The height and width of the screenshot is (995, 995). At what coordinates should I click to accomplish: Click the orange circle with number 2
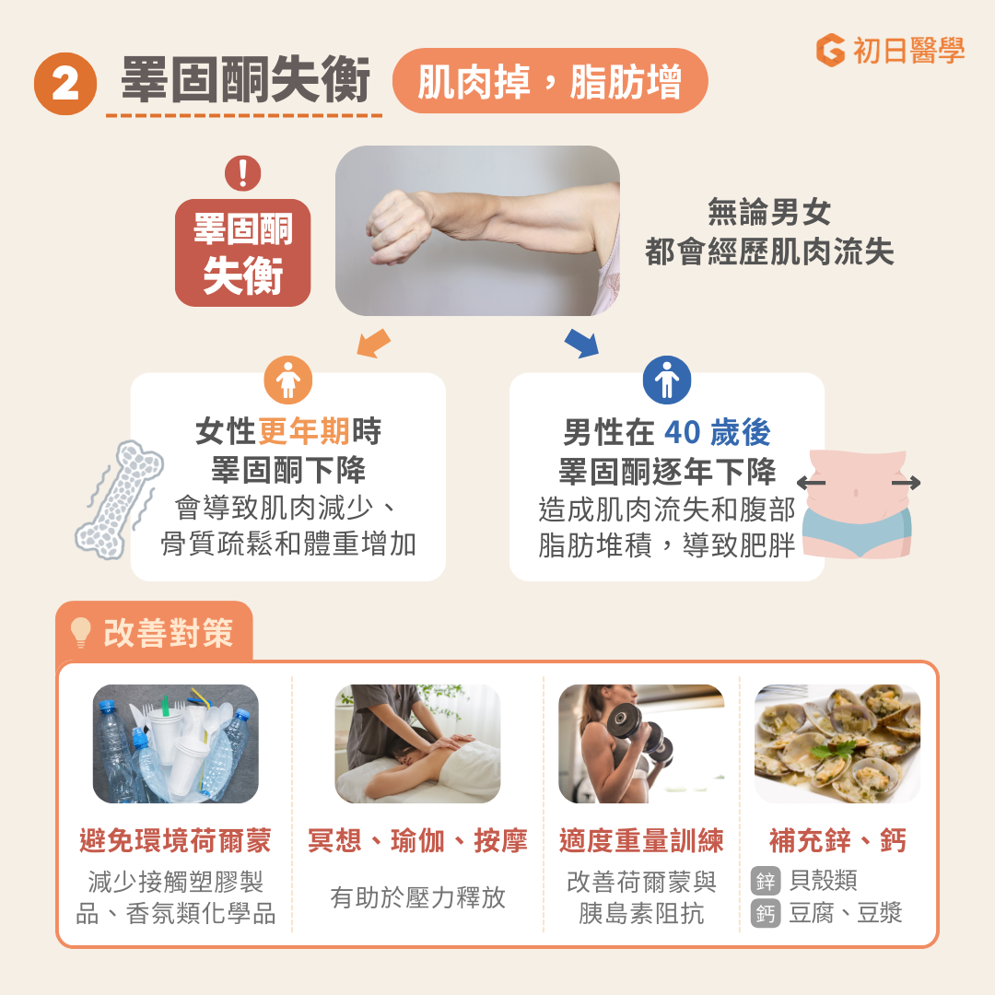click(65, 84)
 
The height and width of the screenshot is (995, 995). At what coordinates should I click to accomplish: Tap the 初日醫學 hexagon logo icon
click(830, 50)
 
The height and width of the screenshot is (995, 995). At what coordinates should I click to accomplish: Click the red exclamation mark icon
click(243, 172)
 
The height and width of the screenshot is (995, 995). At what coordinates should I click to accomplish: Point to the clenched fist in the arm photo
click(398, 225)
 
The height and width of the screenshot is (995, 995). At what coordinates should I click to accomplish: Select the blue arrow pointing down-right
click(581, 343)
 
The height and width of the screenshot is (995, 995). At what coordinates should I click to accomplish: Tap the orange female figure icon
click(288, 380)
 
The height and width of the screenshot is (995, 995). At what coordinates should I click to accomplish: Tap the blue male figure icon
click(667, 380)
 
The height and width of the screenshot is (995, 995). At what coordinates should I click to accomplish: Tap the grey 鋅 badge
click(765, 880)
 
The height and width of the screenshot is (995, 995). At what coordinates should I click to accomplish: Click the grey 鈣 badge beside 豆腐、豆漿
click(765, 913)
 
